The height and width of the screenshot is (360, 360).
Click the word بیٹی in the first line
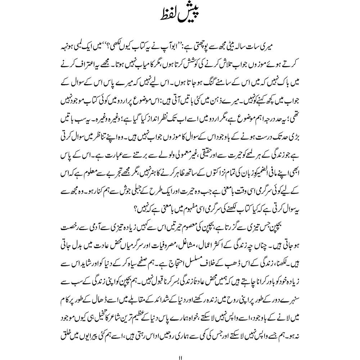tap(259, 56)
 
